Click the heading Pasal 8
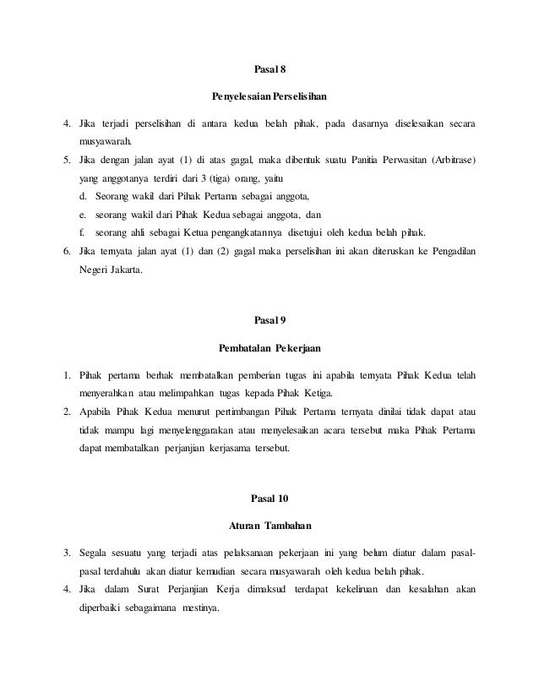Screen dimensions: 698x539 tap(270, 67)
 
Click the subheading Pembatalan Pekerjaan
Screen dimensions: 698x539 tap(269, 346)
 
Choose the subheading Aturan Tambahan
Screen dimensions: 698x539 tap(269, 526)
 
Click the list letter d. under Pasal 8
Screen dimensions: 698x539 tap(83, 196)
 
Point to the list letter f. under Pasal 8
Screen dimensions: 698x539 tap(82, 232)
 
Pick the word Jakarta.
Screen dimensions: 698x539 tap(124, 270)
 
